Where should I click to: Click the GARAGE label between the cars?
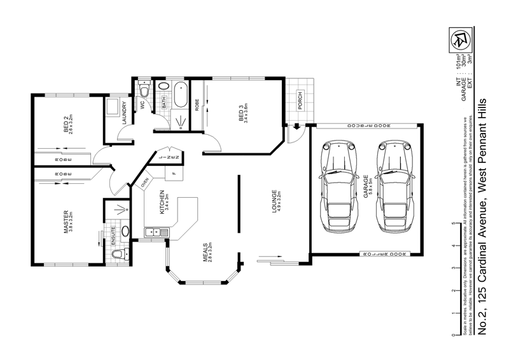pos(366,187)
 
